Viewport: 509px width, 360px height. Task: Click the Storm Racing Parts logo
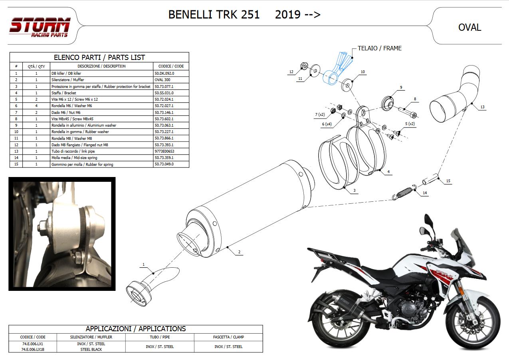point(40,27)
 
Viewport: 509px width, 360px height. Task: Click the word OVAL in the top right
point(469,28)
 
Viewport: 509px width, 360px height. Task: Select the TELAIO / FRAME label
point(380,48)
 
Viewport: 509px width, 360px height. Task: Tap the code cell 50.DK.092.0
point(164,73)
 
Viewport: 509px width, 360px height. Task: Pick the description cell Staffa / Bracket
point(63,93)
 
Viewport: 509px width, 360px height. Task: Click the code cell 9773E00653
point(164,151)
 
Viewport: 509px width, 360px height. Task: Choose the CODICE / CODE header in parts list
point(171,66)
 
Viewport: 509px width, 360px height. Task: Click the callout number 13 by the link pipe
point(482,107)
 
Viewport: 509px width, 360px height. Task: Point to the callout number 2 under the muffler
point(239,252)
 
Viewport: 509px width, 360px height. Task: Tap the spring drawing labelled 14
point(405,193)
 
